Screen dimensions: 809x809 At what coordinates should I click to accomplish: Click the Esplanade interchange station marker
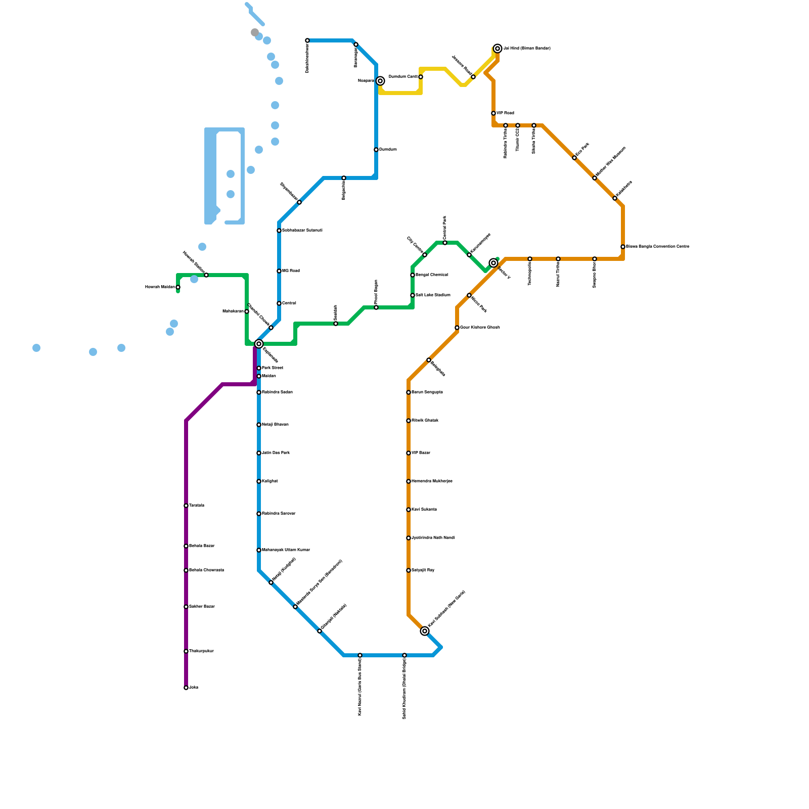point(259,344)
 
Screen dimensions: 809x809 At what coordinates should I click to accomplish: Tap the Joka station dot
point(186,688)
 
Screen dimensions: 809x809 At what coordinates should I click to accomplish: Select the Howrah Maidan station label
point(160,287)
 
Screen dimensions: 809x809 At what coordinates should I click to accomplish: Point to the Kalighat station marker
point(259,481)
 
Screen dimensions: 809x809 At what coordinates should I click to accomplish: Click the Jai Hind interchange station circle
point(498,49)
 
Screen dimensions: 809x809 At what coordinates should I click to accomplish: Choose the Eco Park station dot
point(574,158)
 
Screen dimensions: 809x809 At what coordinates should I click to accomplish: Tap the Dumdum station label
point(388,150)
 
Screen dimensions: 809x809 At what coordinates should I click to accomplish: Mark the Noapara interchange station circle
point(380,81)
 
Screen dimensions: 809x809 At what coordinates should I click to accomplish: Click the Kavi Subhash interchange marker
point(425,631)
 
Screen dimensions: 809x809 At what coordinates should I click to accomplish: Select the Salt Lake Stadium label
point(433,295)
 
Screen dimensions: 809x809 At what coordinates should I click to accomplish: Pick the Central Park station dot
point(445,243)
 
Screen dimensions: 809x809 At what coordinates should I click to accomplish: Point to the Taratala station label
point(197,506)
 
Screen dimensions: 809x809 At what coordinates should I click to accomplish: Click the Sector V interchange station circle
point(493,263)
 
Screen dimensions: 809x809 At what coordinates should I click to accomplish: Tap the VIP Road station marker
point(493,113)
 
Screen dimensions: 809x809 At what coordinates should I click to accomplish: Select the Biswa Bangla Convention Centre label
point(657,247)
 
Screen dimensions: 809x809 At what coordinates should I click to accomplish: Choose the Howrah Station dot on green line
point(206,275)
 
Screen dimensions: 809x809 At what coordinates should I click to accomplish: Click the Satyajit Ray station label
point(423,570)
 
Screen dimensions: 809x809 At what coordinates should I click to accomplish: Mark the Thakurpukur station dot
point(186,651)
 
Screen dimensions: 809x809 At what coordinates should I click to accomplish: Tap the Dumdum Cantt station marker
point(421,77)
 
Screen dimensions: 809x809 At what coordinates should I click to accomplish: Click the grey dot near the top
point(255,32)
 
